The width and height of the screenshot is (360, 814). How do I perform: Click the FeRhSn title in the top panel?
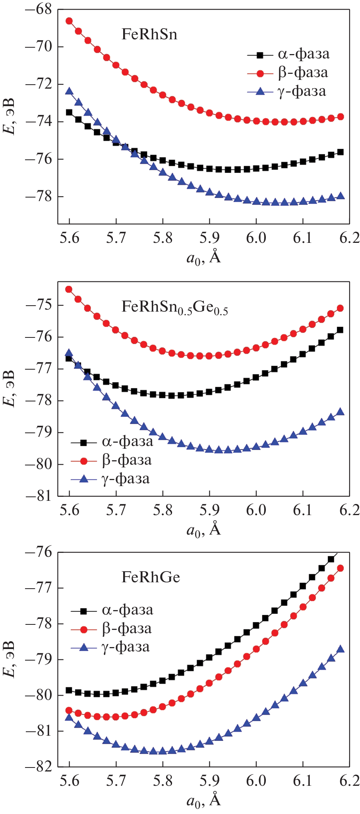(149, 35)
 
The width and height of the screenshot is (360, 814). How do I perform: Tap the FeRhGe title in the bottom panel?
(151, 577)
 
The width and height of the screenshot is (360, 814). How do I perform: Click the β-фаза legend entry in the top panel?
(303, 73)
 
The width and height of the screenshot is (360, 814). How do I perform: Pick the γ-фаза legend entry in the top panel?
(302, 91)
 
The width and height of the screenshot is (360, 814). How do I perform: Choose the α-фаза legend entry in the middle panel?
(127, 442)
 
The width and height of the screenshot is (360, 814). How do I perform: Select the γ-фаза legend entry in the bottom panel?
(126, 647)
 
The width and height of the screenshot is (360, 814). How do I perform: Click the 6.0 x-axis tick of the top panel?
(256, 238)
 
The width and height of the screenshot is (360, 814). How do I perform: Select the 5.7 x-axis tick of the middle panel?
(116, 510)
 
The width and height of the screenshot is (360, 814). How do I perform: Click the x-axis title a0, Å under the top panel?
(203, 258)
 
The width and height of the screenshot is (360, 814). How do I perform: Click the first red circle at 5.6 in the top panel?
(69, 21)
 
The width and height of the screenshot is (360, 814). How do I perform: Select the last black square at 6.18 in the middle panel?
(340, 330)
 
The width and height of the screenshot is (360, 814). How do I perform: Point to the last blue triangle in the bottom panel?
(341, 649)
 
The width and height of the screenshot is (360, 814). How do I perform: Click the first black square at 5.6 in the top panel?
(69, 112)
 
